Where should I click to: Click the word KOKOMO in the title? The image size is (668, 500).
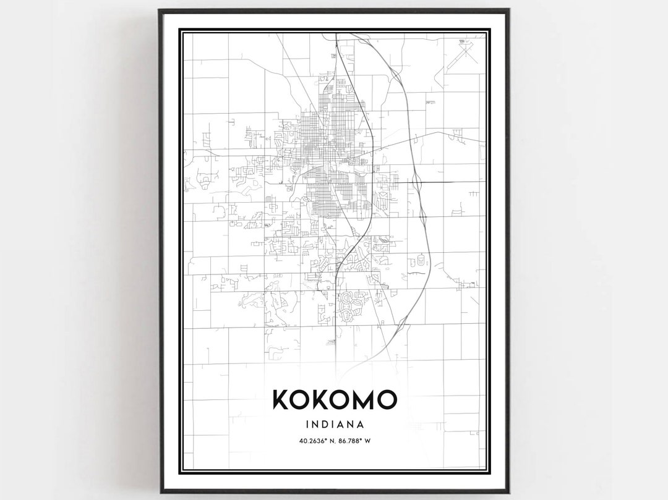point(333,400)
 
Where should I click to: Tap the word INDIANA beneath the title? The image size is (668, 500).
point(333,425)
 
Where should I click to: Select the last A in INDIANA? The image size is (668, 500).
point(359,425)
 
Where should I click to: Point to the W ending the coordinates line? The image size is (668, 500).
point(375,441)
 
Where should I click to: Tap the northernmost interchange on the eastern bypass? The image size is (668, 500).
point(393,74)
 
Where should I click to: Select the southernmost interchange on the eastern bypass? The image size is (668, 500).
point(402,321)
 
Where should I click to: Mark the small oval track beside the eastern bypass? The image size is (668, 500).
point(422,260)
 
